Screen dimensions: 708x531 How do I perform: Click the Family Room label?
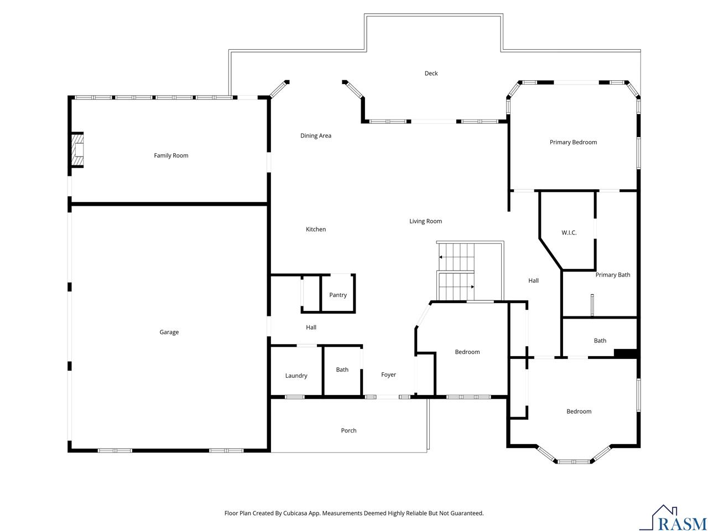171,155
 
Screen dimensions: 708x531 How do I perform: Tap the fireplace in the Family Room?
77,149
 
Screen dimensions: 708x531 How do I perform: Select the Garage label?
169,332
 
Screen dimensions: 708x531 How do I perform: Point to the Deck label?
431,73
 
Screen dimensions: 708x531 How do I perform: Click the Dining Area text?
315,136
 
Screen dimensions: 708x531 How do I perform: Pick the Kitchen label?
315,229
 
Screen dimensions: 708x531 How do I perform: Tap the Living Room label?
425,221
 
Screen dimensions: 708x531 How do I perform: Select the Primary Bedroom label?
573,142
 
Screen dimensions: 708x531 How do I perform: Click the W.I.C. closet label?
569,232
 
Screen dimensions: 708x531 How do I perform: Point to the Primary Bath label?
612,275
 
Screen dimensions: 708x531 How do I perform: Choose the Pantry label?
338,295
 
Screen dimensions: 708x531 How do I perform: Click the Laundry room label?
296,376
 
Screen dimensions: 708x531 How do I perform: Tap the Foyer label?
388,374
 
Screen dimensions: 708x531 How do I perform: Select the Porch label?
348,430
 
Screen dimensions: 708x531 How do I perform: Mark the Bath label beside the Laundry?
342,369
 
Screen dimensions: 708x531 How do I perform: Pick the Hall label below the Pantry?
311,327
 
